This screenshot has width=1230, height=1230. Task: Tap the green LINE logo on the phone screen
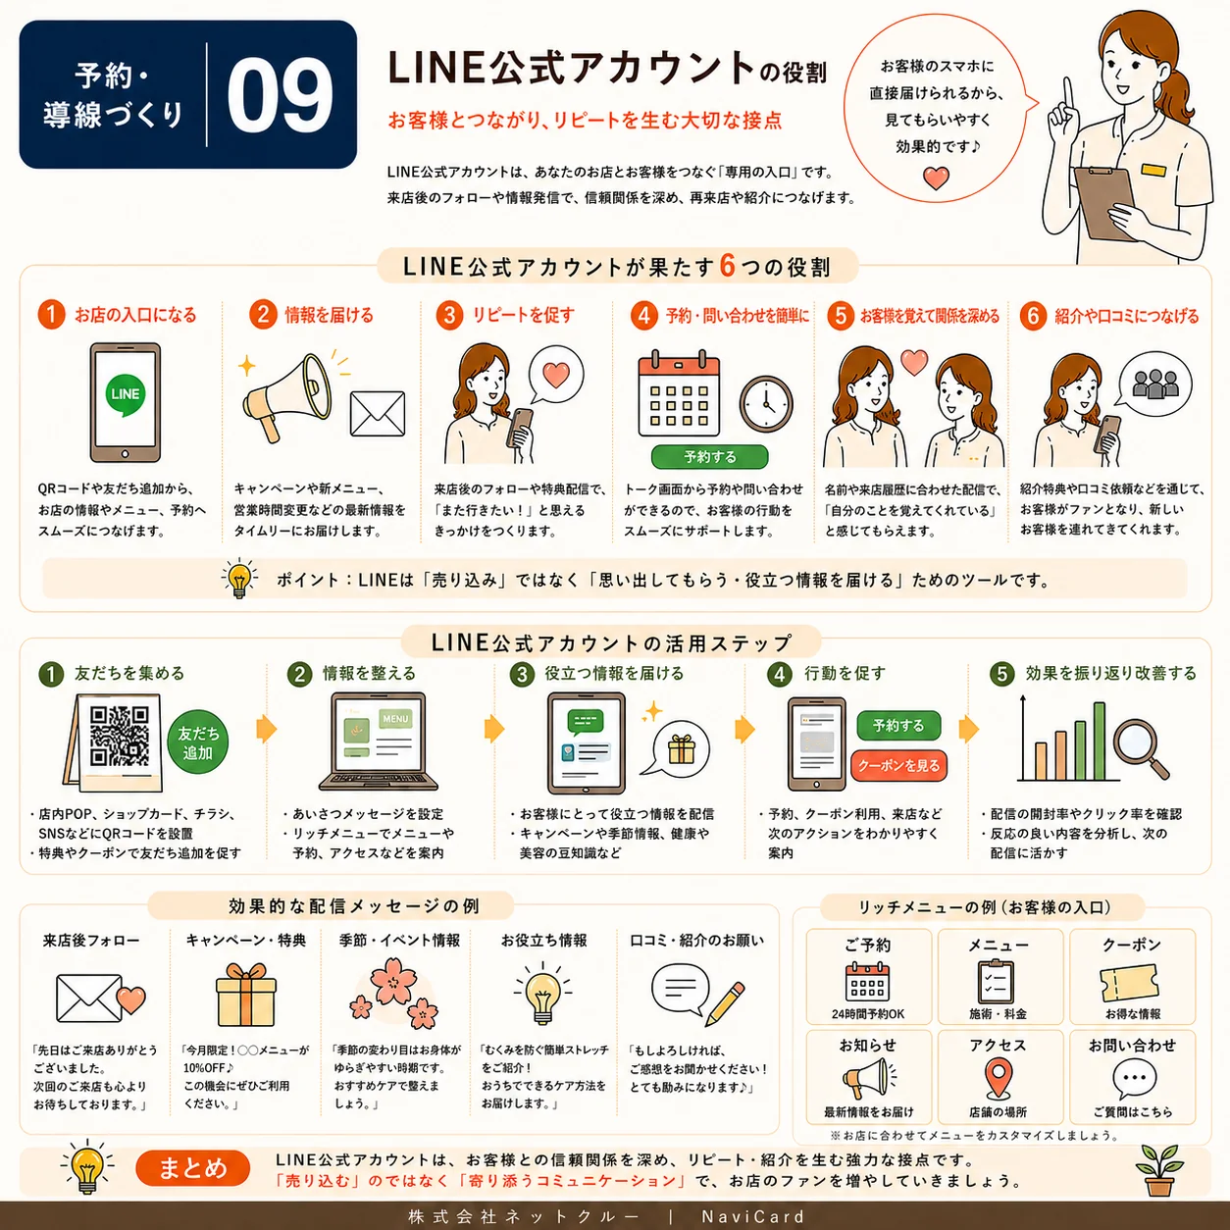coord(126,394)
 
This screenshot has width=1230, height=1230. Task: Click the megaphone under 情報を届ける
coord(287,395)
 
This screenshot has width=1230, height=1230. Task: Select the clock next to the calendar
coord(766,404)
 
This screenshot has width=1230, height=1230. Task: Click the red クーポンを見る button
coord(898,765)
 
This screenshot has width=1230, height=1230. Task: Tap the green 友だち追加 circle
coord(198,743)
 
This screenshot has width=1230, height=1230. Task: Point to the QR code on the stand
coord(120,736)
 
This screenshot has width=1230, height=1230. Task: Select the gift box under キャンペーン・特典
coord(246,995)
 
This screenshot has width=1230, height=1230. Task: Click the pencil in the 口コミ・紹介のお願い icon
coord(726,1003)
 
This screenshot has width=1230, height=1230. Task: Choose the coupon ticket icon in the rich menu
coord(1130,984)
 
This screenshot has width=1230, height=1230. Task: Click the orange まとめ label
coord(193,1168)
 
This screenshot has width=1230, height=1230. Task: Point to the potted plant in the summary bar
coord(1159,1170)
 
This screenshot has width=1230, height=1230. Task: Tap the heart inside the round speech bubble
coord(937,179)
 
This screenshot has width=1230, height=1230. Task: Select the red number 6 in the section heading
coord(727,266)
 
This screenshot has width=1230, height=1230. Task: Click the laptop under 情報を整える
coord(379,742)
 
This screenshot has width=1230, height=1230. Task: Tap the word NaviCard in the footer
coord(753,1216)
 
